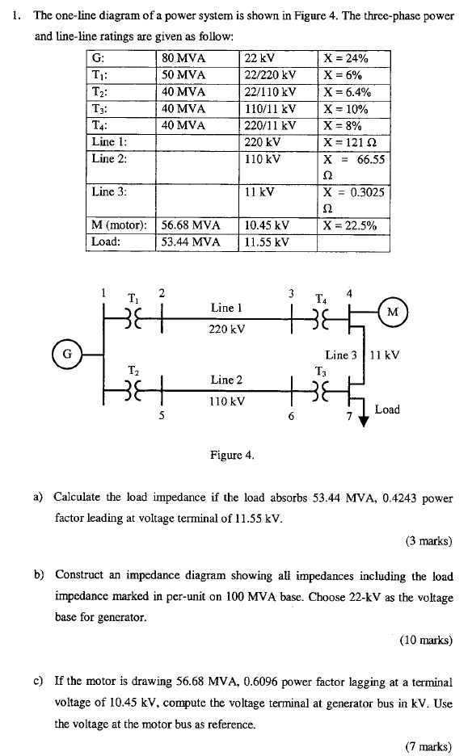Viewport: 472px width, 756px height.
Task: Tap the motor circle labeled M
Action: [x=393, y=312]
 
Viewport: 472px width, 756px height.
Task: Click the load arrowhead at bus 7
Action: [x=364, y=418]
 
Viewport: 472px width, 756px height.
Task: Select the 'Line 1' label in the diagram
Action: [x=225, y=308]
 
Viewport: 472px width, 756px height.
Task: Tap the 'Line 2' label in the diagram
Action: [x=225, y=380]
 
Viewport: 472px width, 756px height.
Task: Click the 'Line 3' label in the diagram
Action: [x=340, y=355]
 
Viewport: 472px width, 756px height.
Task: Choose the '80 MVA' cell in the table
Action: [x=183, y=58]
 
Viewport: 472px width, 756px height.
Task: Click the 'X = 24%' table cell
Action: [x=346, y=58]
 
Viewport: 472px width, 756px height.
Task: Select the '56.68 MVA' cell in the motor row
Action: [x=189, y=225]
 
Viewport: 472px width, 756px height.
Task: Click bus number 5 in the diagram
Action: [x=162, y=416]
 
